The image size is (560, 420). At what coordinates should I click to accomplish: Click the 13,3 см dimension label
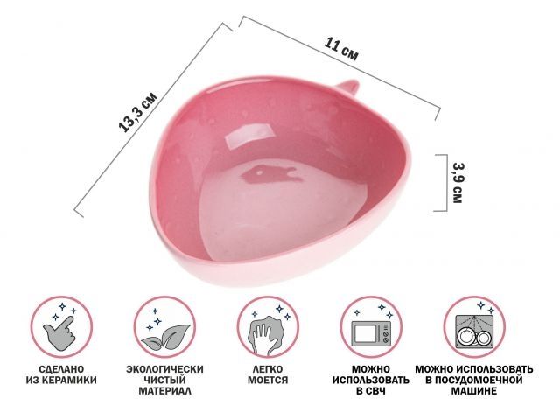(x=137, y=112)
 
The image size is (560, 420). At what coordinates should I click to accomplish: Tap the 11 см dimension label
(x=341, y=49)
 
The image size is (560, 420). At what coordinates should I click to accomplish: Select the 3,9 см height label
(x=458, y=183)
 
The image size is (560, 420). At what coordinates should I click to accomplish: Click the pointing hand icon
(x=59, y=332)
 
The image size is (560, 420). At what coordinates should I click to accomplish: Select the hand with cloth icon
(x=264, y=334)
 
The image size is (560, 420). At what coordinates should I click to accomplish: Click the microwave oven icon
(x=372, y=333)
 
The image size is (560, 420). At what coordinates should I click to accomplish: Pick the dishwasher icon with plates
(x=474, y=332)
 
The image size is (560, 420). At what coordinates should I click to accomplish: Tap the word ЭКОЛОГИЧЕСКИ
(x=164, y=369)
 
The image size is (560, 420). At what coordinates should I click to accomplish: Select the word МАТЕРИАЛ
(x=165, y=391)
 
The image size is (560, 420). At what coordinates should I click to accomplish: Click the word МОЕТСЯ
(x=268, y=380)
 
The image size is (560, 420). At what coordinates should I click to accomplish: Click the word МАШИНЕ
(x=474, y=391)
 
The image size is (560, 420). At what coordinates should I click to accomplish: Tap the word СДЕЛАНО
(x=61, y=369)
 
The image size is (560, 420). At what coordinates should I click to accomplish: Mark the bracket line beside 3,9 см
(x=445, y=183)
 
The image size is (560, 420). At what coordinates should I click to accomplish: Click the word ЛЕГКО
(x=268, y=369)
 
